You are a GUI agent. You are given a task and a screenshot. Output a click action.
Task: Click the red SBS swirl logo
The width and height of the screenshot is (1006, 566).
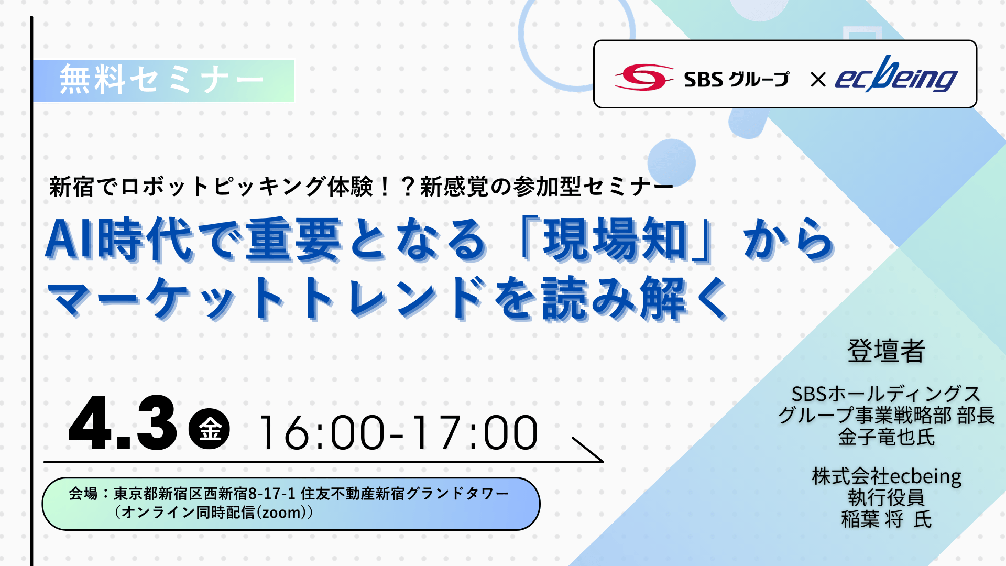644,78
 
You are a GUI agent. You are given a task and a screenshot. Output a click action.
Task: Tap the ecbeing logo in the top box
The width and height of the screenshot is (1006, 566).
896,75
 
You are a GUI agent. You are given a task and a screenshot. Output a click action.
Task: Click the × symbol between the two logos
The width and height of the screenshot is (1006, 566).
818,80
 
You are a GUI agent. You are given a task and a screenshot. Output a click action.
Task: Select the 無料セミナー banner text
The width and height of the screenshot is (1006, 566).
162,80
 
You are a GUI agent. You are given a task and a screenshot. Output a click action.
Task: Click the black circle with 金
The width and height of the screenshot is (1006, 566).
209,429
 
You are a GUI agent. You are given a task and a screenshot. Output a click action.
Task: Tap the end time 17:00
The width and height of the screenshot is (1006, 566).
474,433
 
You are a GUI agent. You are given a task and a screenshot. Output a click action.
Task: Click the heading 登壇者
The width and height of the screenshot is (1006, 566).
886,351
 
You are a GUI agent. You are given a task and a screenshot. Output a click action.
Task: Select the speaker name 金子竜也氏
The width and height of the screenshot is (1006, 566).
887,437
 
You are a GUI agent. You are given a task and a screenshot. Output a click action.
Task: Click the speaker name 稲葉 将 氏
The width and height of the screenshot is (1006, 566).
887,519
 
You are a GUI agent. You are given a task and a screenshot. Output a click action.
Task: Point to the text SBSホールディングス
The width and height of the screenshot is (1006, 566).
886,394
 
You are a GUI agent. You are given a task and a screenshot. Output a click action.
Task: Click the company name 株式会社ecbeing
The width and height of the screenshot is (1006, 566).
887,476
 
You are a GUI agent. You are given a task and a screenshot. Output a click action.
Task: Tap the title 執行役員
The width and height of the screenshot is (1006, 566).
887,498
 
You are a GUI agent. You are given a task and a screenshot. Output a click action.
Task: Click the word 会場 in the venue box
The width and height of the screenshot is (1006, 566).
83,494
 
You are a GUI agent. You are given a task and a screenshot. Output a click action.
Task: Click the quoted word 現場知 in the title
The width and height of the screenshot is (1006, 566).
615,240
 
